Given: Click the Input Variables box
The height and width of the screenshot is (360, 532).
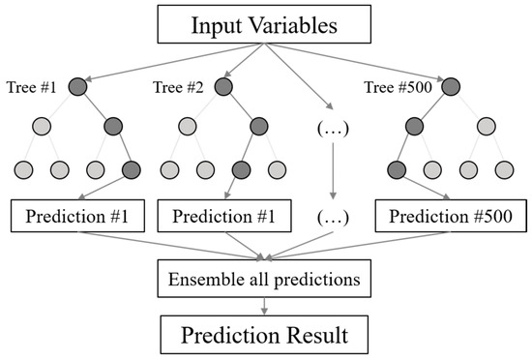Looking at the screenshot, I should click(265, 25).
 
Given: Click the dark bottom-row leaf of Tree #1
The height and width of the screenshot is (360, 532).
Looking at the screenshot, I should click(132, 171).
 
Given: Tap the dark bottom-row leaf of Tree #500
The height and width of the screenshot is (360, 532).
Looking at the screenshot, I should click(397, 171).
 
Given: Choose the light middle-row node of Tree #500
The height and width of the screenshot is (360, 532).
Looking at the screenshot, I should click(488, 127).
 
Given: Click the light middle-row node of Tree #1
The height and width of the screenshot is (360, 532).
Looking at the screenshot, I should click(41, 127).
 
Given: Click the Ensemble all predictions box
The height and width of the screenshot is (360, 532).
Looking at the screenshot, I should click(265, 282).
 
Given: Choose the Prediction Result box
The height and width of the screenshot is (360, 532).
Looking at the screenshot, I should click(265, 336).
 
